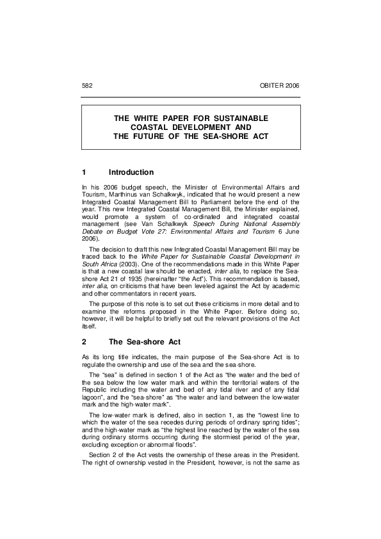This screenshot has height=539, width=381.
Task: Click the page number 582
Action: click(x=87, y=85)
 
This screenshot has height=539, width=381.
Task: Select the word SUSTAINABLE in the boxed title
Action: click(x=234, y=119)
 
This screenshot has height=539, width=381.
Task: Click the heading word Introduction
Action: click(x=131, y=172)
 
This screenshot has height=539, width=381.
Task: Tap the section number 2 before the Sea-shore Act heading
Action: click(x=84, y=342)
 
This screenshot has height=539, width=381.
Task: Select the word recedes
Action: click(x=169, y=428)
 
